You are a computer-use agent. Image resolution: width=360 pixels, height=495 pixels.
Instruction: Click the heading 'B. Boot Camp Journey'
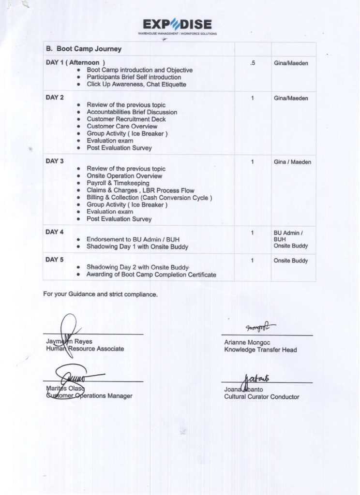83,49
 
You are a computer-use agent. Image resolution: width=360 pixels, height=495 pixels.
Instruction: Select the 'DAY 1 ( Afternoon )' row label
75,62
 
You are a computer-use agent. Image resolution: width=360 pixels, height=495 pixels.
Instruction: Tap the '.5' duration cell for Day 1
253,63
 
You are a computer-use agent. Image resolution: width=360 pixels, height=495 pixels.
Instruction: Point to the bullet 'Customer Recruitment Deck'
126,119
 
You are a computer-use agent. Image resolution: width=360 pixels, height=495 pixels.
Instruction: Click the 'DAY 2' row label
55,98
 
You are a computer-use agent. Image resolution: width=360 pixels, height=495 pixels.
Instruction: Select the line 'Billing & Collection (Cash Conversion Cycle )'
149,198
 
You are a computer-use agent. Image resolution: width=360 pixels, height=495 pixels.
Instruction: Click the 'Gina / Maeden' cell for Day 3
292,162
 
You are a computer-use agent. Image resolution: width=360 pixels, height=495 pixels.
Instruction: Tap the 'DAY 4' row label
55,232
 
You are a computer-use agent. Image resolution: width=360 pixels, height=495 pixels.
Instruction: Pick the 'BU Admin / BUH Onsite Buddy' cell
290,239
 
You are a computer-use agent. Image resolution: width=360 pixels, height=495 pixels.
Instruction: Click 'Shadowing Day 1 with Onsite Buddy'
137,247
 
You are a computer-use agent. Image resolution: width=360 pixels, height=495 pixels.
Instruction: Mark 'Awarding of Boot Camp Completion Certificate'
151,275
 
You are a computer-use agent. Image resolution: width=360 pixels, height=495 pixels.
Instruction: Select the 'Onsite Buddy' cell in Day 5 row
290,261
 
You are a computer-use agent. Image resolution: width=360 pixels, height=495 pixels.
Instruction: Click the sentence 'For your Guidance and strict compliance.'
100,294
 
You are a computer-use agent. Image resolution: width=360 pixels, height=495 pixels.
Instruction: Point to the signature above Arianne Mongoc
260,328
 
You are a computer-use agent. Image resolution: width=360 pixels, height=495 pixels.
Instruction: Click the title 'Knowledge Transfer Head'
260,349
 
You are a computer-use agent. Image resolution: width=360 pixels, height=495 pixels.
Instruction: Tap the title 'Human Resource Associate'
85,349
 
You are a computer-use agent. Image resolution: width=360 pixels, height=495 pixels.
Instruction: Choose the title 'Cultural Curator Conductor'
261,397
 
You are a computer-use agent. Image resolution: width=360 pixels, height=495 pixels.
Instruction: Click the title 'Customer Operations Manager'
89,396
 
